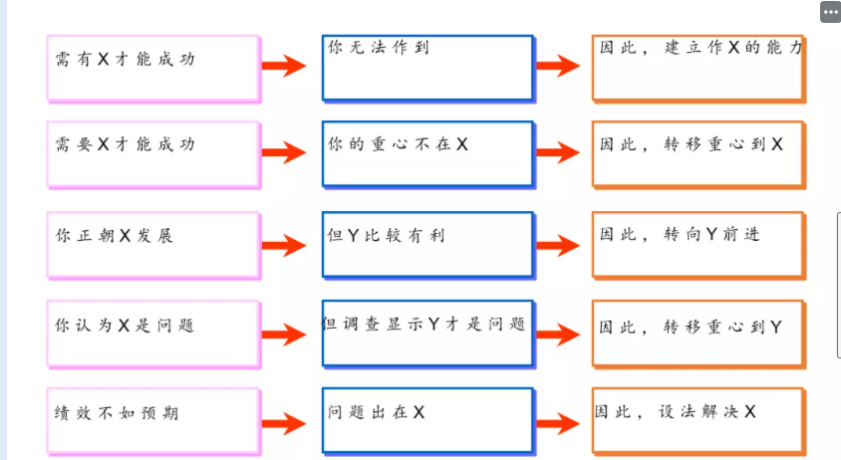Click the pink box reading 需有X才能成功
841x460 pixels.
coord(152,68)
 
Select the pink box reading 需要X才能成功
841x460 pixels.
coord(152,153)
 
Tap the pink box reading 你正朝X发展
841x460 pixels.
coord(152,244)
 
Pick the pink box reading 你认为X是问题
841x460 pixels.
coord(152,333)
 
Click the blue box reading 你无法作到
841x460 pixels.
coord(427,67)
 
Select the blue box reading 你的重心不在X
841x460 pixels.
coord(427,153)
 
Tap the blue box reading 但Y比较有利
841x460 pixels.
coord(427,244)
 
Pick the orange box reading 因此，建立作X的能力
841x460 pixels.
coord(698,67)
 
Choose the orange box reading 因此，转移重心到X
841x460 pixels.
coord(698,153)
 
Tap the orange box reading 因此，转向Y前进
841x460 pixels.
coord(698,244)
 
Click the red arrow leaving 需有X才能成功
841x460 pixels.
coord(284,67)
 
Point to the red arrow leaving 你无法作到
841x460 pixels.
coord(558,67)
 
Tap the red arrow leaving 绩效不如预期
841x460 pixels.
coord(284,424)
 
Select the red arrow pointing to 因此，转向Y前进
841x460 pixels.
coord(558,244)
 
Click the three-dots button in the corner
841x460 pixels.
coord(830,12)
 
